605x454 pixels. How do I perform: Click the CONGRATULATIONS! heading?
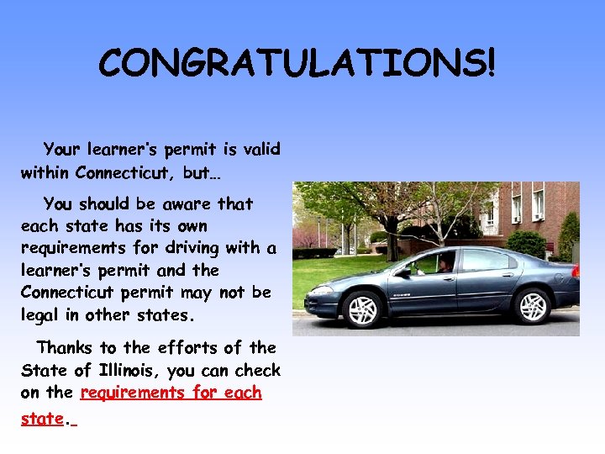click(297, 62)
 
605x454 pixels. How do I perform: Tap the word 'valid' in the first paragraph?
click(261, 150)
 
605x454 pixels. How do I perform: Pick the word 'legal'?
click(44, 315)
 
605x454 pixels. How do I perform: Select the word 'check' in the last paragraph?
click(258, 370)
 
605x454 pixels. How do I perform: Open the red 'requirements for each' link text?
click(171, 393)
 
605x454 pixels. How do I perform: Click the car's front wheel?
click(363, 309)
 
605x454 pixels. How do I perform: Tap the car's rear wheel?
click(532, 304)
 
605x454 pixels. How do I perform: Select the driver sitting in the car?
click(445, 264)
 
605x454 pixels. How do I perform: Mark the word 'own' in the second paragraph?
click(189, 226)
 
